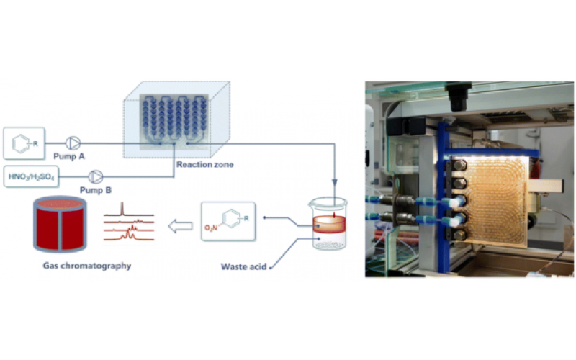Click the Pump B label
95,189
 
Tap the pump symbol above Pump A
73,143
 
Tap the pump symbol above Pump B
95,176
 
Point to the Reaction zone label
204,165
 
